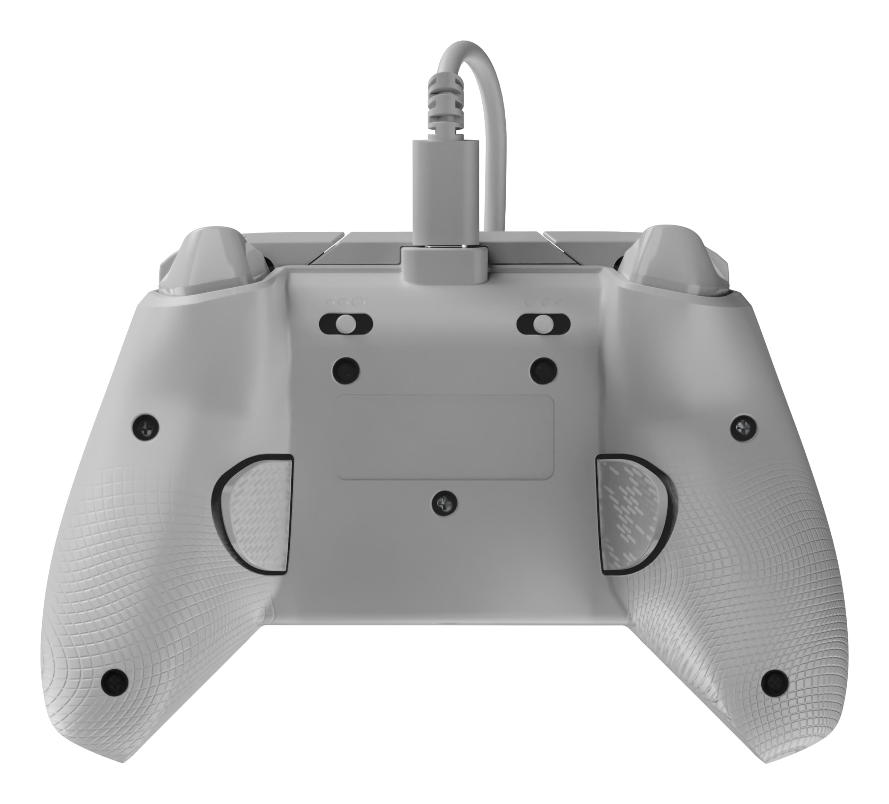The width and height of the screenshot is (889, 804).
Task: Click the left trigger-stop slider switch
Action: pos(346,324)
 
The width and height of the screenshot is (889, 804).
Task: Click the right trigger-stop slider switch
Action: pos(543,324)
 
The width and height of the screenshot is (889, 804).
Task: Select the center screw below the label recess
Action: pos(444,503)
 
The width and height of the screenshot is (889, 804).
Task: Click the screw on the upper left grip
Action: pos(146,427)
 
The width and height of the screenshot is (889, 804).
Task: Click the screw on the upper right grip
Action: pos(744,426)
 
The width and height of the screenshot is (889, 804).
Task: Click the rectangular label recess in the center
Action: pos(446,436)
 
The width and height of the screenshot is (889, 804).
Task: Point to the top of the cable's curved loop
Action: pos(467,44)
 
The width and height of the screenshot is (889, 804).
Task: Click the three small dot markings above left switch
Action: pos(346,303)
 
